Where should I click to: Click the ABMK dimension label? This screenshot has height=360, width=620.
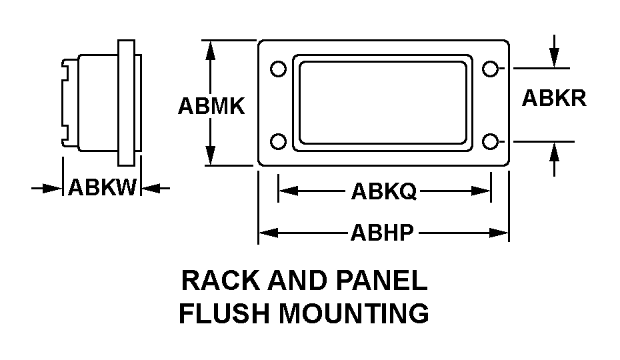tap(211, 107)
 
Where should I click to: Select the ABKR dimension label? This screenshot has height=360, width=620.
tap(553, 98)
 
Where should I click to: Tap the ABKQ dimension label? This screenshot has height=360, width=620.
tap(383, 192)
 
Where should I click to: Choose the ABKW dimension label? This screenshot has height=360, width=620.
tap(102, 189)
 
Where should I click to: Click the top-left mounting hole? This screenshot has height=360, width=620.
tap(279, 69)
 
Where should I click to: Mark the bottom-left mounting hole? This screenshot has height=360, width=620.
tap(279, 141)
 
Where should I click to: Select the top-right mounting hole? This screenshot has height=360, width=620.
tap(490, 68)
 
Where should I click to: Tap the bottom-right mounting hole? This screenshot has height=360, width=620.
tap(490, 141)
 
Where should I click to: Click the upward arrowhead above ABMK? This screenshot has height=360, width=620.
tap(211, 48)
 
